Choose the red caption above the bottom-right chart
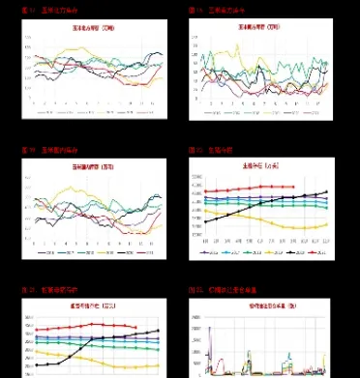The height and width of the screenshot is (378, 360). [223, 290]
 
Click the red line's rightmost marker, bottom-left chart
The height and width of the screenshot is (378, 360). [135, 327]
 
